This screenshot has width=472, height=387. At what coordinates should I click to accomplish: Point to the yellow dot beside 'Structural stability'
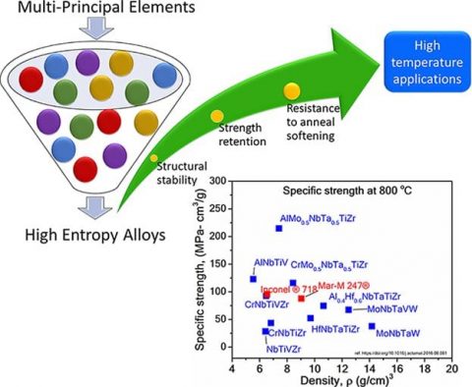point(153,157)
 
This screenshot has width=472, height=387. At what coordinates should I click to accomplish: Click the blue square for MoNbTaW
point(372,326)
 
